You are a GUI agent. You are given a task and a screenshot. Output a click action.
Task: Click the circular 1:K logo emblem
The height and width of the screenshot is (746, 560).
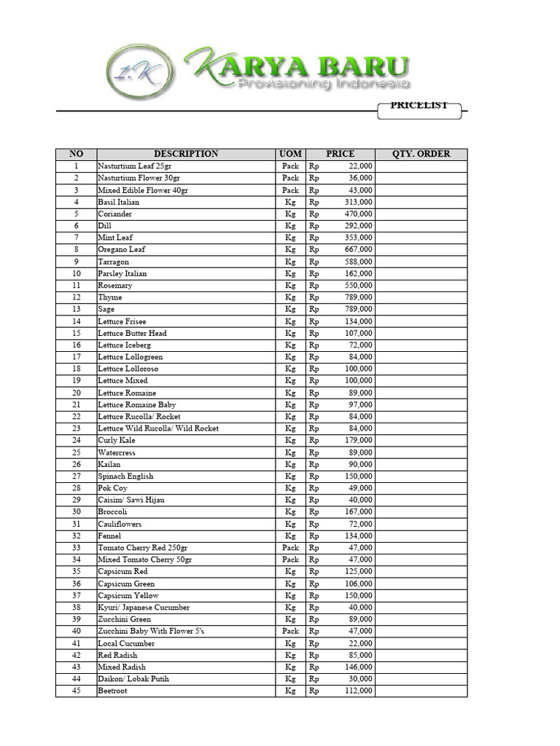[x=141, y=72]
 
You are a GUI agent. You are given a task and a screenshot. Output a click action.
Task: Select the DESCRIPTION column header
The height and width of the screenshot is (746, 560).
[x=186, y=154]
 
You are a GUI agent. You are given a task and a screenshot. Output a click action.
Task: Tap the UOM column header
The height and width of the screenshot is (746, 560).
[x=290, y=154]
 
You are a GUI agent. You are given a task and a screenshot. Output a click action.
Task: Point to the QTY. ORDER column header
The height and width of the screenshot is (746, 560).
[x=421, y=154]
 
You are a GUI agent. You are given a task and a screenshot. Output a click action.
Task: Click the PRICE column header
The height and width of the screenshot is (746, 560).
[x=340, y=154]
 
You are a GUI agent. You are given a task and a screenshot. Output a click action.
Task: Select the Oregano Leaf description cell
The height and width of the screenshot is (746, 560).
[x=122, y=249]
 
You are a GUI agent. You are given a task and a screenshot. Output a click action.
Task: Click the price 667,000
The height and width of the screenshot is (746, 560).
[x=358, y=249]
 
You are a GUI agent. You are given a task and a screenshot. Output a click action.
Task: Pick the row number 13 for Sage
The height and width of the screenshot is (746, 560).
[x=76, y=309]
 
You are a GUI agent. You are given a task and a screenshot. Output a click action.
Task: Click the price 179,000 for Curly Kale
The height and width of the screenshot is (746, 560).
[x=358, y=440]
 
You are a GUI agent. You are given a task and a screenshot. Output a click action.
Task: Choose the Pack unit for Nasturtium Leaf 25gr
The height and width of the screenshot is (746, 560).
[x=290, y=166]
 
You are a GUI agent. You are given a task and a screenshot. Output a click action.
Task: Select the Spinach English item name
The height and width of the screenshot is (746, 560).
[x=125, y=476]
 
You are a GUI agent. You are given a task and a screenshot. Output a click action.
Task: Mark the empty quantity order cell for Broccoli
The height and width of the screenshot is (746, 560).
[x=421, y=511]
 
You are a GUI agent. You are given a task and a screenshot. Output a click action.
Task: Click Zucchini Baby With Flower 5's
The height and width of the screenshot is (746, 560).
[x=151, y=631]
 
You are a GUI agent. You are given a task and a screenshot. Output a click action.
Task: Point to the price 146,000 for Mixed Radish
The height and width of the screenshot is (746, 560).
[x=358, y=667]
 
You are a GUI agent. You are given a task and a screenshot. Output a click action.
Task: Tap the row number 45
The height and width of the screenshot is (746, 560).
[x=76, y=691]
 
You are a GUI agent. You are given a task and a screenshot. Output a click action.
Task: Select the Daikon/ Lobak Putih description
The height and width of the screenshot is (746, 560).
[x=133, y=679]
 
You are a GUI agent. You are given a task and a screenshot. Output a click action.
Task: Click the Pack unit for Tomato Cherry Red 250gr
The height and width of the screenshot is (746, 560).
[x=290, y=547]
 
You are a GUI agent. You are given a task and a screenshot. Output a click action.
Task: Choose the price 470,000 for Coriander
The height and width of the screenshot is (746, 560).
[x=358, y=213]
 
